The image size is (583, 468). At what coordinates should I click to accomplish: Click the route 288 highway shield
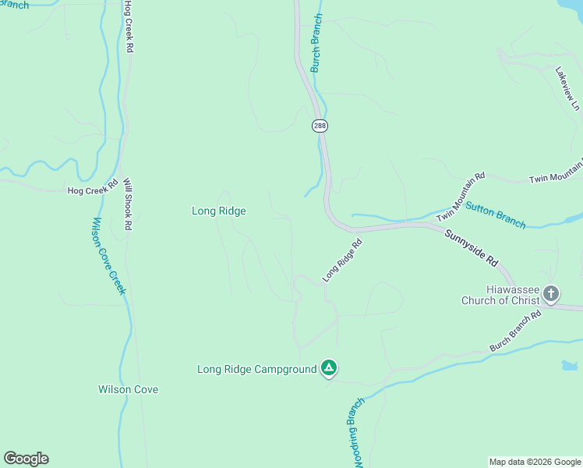[320, 126]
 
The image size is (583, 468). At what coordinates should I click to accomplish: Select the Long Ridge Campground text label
[256, 369]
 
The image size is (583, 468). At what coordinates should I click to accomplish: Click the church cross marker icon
[551, 294]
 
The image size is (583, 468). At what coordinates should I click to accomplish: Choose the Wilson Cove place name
[128, 389]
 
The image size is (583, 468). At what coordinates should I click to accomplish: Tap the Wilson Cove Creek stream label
[108, 256]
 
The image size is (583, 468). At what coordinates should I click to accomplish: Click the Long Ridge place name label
[219, 211]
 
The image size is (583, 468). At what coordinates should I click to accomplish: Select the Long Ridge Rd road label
[343, 261]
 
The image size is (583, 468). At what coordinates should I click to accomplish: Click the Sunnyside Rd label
[471, 247]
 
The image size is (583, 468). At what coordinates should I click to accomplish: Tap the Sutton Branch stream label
[496, 214]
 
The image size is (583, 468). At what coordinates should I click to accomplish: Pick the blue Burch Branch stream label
[316, 43]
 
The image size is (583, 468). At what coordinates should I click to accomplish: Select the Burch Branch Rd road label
[515, 331]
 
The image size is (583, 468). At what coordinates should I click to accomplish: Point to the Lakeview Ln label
[567, 88]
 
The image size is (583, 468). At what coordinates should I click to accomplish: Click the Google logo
[26, 459]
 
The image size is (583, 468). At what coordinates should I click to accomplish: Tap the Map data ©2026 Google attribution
[535, 462]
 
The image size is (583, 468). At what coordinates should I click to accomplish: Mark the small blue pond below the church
[569, 365]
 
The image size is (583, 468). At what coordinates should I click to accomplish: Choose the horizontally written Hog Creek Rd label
[92, 189]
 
